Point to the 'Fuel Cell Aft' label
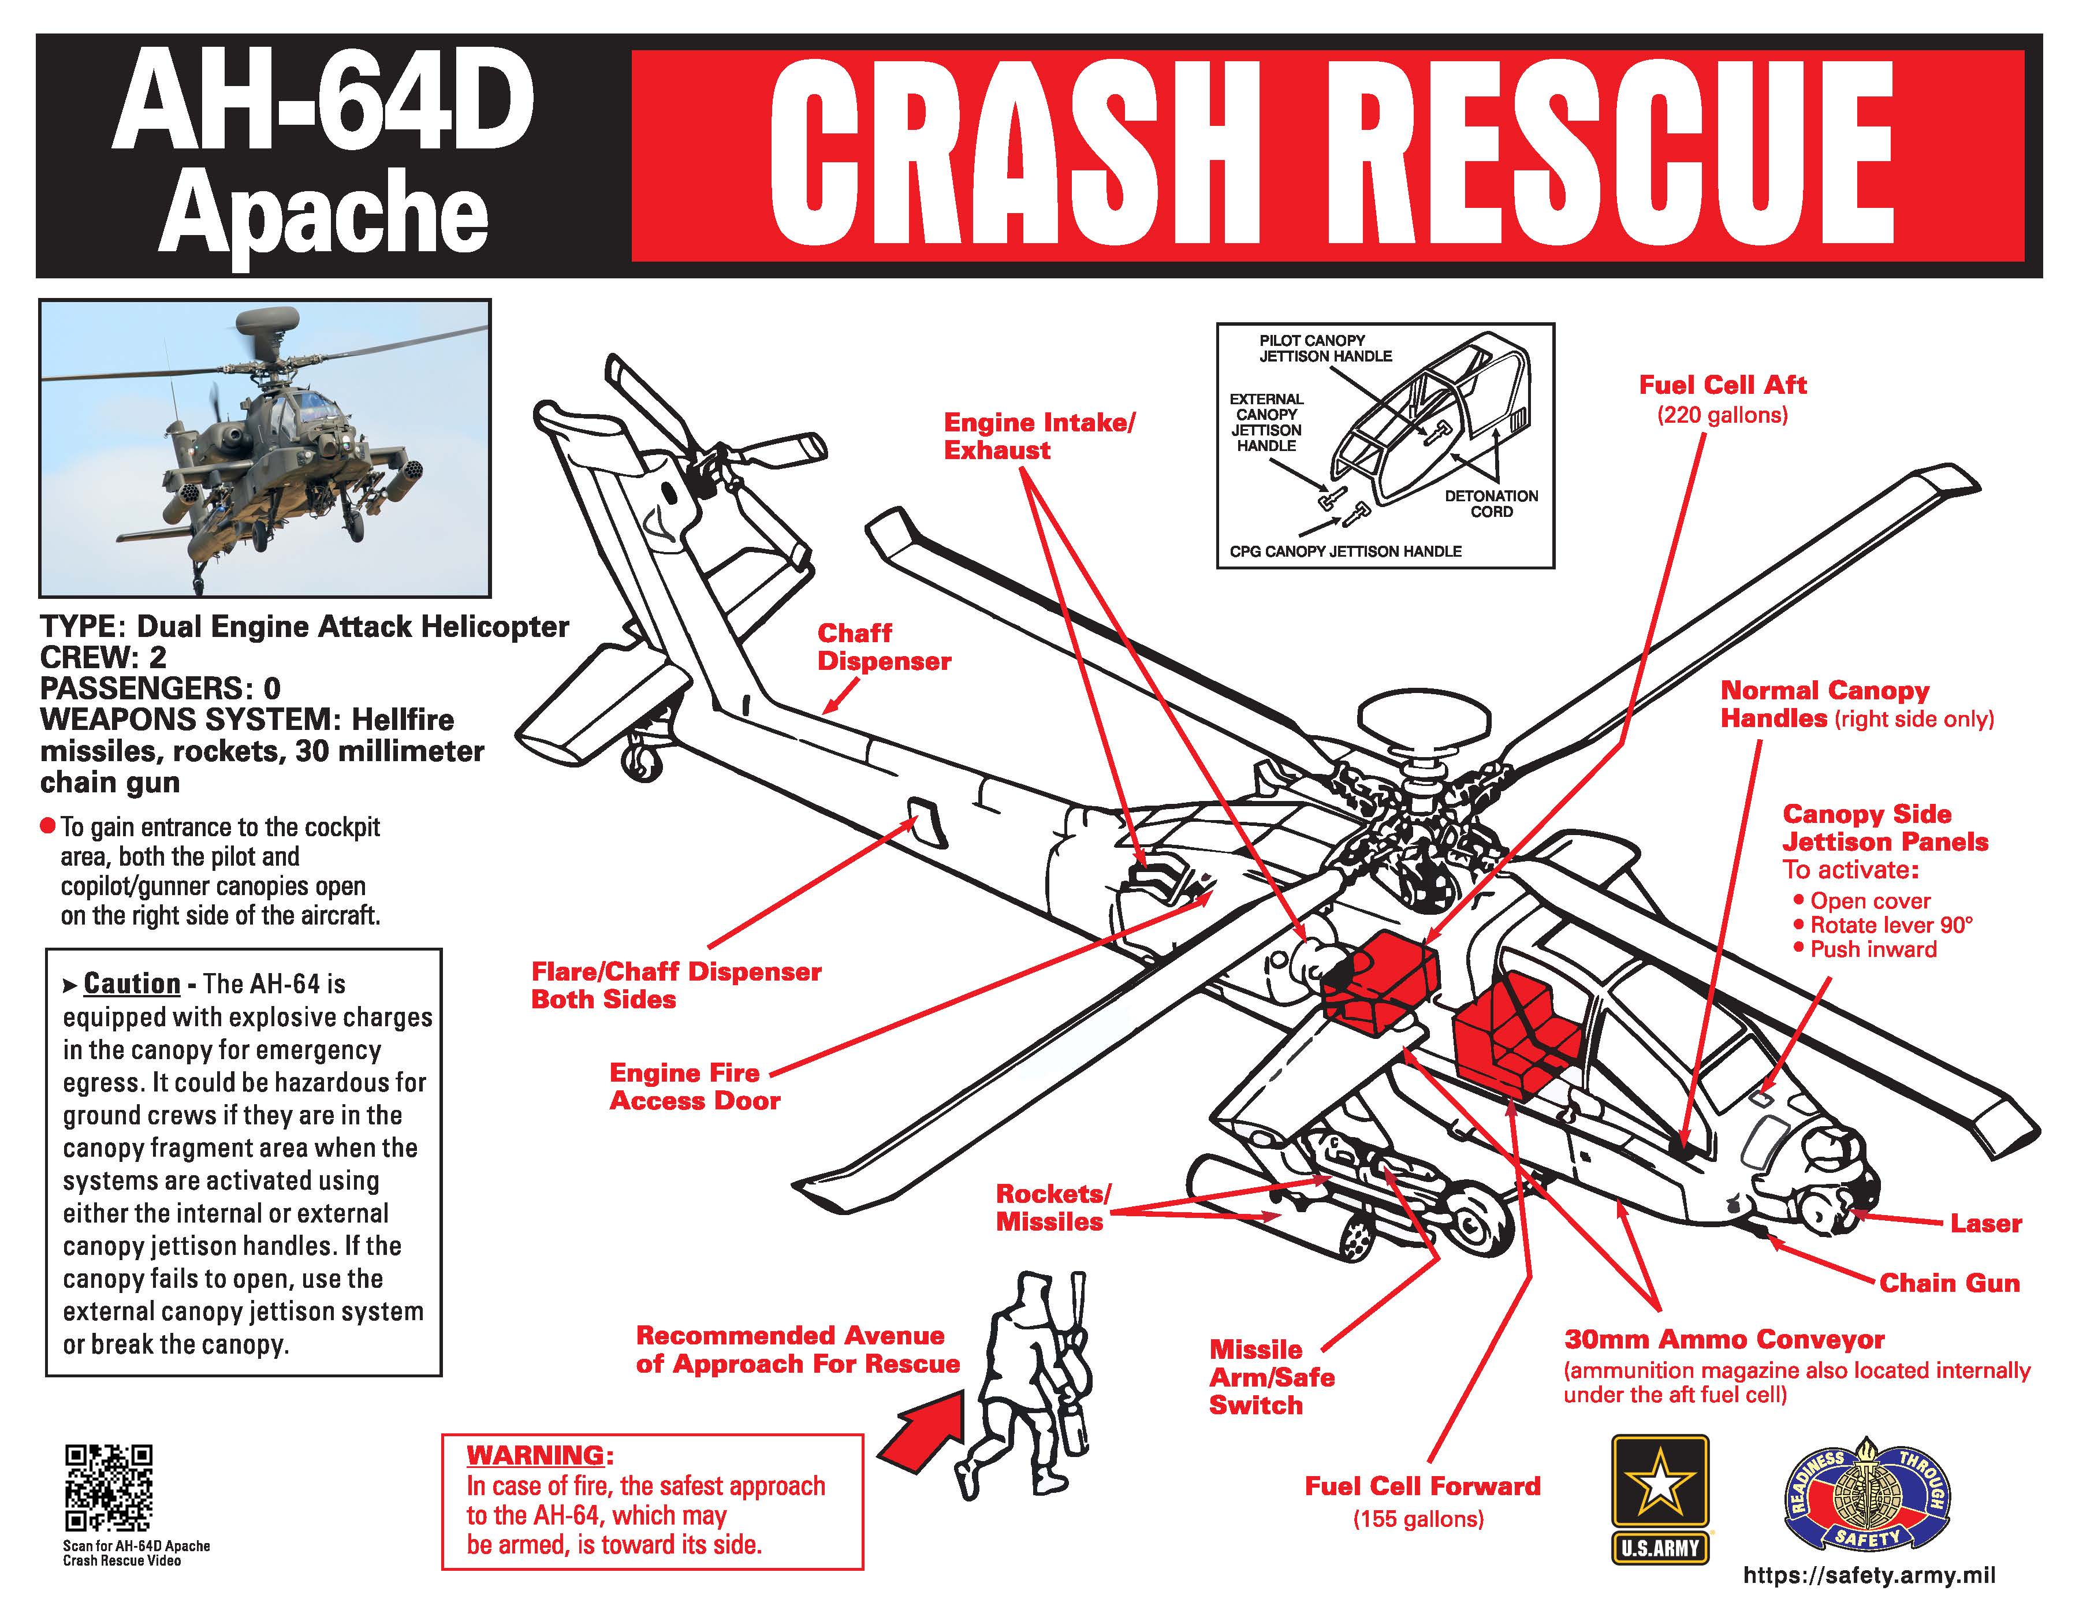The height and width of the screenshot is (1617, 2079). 1722,385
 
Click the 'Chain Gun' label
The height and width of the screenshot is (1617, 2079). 1948,1283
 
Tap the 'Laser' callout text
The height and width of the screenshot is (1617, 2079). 1985,1223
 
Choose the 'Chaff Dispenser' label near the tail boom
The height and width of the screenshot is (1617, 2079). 884,647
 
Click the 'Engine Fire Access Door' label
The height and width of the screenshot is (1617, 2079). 694,1087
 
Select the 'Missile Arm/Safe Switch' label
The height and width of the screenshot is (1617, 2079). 1271,1377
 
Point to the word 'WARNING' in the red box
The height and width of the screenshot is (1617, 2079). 535,1455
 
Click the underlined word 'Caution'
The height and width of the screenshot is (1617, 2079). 131,983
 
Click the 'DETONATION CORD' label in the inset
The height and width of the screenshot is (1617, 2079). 1491,504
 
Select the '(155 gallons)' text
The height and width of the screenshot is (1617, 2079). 1418,1519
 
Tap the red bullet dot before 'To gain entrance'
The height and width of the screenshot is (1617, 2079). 47,825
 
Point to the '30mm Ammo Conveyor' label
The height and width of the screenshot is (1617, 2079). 1724,1340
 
